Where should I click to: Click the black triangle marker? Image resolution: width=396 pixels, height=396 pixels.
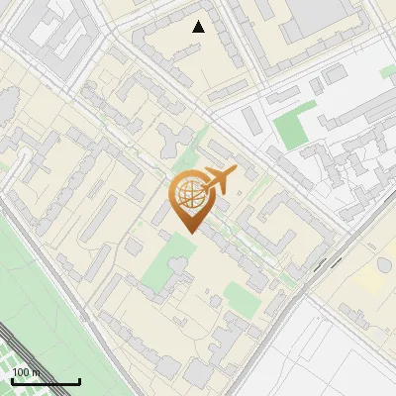pos(199,27)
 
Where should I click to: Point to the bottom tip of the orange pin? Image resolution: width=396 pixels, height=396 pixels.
pos(187,234)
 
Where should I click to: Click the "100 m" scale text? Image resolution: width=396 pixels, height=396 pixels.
pos(26,372)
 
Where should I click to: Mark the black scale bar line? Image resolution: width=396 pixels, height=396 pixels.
pos(46,381)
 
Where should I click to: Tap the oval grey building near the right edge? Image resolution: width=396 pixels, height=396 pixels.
pos(384,266)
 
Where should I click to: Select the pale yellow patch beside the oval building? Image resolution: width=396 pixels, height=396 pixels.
pos(370,281)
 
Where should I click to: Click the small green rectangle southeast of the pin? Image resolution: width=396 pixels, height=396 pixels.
pos(238,295)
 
